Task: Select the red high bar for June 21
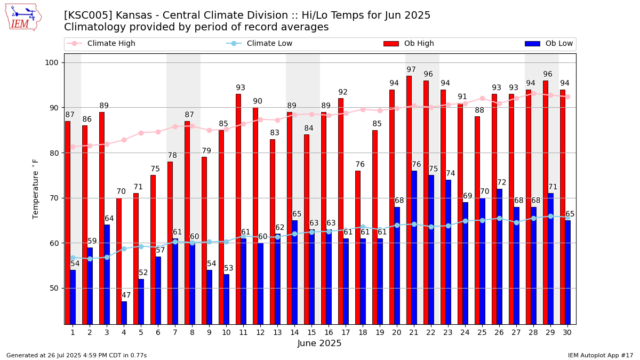[x=409, y=200]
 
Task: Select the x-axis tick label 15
[x=311, y=332]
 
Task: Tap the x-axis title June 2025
[x=319, y=344]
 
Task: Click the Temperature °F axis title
[x=36, y=189]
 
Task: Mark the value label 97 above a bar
[x=411, y=70]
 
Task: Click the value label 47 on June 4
[x=126, y=295]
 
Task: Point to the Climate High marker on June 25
[x=482, y=98]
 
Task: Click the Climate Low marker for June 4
[x=124, y=249]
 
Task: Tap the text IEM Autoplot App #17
[x=601, y=355]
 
